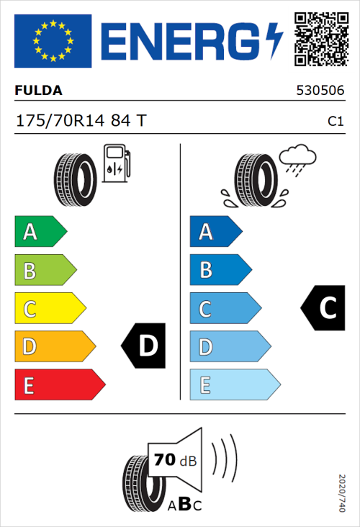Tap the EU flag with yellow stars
pos(53,41)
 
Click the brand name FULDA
pos(38,91)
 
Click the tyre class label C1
pos(335,122)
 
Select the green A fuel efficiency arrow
pos(40,232)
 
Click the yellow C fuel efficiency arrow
pos(49,309)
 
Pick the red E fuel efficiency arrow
pos(59,385)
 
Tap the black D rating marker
pos(144,346)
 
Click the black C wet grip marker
pos(321,308)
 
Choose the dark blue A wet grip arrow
pos(215,232)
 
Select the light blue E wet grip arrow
pos(234,385)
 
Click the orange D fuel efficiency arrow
pos(54,347)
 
